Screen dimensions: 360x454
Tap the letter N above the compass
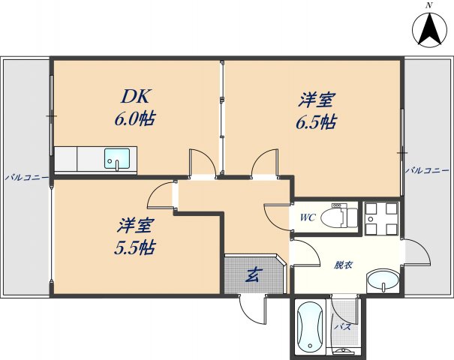pos(429,5)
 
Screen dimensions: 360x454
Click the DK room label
pos(137,97)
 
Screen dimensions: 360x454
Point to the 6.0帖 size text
pos(136,118)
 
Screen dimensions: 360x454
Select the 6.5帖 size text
pos(316,122)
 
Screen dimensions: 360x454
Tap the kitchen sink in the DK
pos(116,160)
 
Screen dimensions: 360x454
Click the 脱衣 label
pos(344,265)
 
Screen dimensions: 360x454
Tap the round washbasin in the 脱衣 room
pos(383,282)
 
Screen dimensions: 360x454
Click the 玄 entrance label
pos(254,275)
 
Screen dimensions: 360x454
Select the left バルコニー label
pos(26,178)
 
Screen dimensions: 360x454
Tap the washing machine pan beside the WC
pos(382,217)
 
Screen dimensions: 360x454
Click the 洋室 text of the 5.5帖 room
pos(136,224)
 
